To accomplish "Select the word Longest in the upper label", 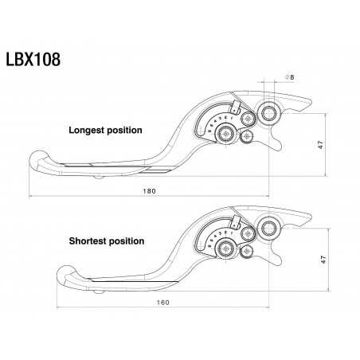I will pyautogui.click(x=89, y=130).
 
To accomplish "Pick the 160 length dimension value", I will pyautogui.click(x=164, y=303).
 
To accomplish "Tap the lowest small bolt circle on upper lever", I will pyautogui.click(x=246, y=138).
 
